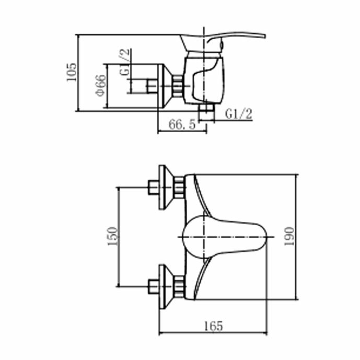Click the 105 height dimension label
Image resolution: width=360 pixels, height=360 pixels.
pos(71,72)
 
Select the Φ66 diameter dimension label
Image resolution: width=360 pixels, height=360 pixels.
pos(101,85)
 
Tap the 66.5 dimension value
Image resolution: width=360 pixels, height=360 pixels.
pos(182,124)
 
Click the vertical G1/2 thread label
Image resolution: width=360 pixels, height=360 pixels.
pos(125,62)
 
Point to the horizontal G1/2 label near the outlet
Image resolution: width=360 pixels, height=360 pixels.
pos(239,114)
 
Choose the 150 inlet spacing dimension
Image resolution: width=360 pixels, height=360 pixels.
pos(113,236)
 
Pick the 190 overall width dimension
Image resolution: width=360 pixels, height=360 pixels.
pos(289,237)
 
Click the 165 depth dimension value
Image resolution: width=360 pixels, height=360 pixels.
pos(213,326)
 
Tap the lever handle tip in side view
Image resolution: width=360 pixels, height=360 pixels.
pos(264,36)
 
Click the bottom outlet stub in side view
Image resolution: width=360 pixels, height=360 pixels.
pos(206,112)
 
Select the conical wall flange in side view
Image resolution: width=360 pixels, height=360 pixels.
pos(165,86)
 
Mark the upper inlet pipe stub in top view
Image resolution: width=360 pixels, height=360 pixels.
pos(153,188)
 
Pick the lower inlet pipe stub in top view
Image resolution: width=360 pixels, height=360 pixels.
pos(154,286)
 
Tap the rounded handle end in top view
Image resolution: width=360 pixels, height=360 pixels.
pos(262,237)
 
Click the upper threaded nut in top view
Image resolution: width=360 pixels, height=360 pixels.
pos(179,188)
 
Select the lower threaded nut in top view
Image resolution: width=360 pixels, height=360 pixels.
pos(179,286)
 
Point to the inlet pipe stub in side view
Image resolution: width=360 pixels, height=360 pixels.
pos(152,86)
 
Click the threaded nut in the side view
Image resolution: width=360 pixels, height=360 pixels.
pos(178,86)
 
